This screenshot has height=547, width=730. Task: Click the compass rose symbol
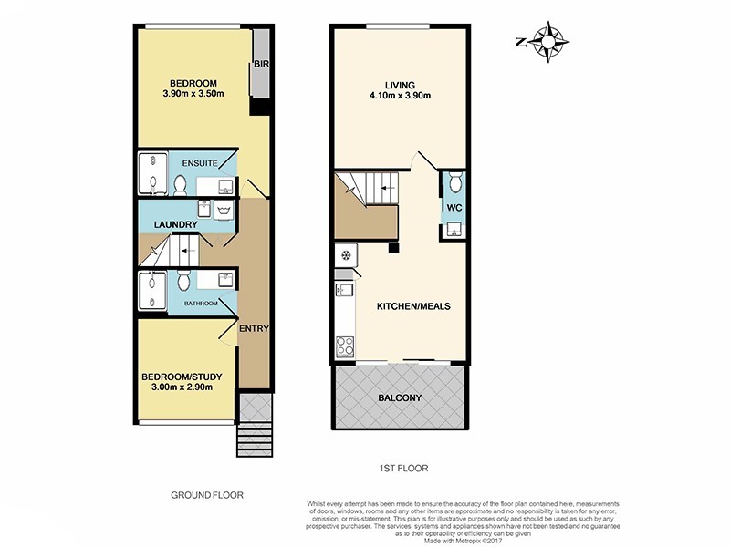coord(547,41)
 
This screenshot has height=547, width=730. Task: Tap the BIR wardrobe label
coord(261,64)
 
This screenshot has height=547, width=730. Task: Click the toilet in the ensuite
coord(180,185)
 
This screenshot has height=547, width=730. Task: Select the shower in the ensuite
coord(151,174)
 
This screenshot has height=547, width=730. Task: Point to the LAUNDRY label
coord(176,224)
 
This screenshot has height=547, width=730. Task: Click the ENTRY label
coord(253,329)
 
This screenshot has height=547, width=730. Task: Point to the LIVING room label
coord(400,81)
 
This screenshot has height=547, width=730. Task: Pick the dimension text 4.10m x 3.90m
coord(400,94)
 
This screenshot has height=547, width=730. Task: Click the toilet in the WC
coord(454,185)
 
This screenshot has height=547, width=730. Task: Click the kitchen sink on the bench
coord(344,291)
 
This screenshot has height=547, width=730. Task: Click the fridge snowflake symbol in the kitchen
coord(347,253)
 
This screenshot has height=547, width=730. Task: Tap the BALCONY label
coord(400,397)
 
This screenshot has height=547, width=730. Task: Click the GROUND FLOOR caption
coord(207,495)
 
